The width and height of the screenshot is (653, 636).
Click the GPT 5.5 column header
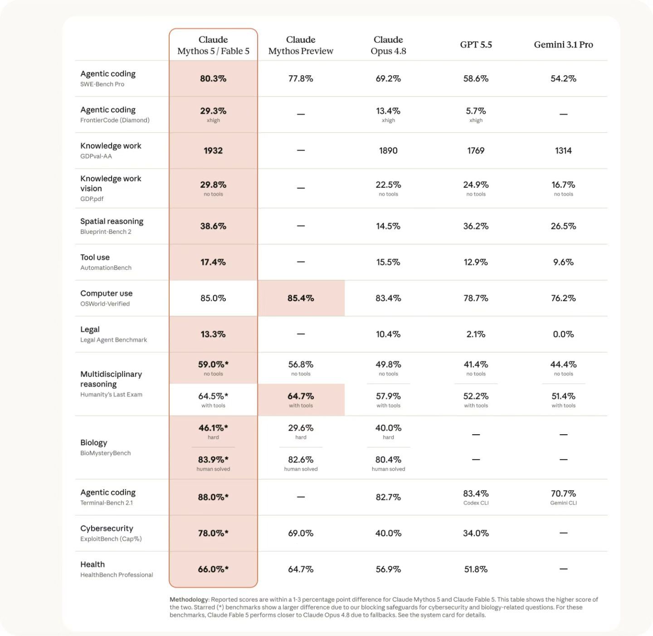point(476,44)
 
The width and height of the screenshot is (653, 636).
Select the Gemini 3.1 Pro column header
point(563,44)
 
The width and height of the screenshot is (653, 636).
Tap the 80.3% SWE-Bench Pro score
point(213,78)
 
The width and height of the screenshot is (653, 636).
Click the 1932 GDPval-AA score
point(213,151)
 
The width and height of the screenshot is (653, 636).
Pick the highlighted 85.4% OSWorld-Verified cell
point(301,298)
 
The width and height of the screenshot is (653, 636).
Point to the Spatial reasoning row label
point(112,221)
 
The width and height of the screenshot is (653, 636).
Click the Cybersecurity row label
point(107,528)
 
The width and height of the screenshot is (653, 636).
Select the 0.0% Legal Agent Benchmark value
point(563,334)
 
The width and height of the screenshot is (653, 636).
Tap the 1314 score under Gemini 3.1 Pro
point(563,151)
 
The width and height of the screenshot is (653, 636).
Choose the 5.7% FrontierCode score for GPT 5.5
point(476,111)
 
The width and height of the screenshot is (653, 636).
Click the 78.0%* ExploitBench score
point(213,533)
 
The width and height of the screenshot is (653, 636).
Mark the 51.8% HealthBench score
point(476,569)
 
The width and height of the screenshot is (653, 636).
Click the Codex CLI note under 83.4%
point(476,503)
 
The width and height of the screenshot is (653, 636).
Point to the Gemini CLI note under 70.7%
point(563,503)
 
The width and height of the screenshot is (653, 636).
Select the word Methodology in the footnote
point(189,599)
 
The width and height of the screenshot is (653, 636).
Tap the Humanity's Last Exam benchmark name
point(111,394)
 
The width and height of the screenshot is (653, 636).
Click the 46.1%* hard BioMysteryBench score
point(213,428)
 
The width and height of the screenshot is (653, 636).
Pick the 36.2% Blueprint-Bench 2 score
point(476,226)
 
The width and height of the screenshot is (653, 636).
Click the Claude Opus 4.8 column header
point(388,45)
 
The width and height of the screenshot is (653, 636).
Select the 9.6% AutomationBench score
point(563,262)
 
